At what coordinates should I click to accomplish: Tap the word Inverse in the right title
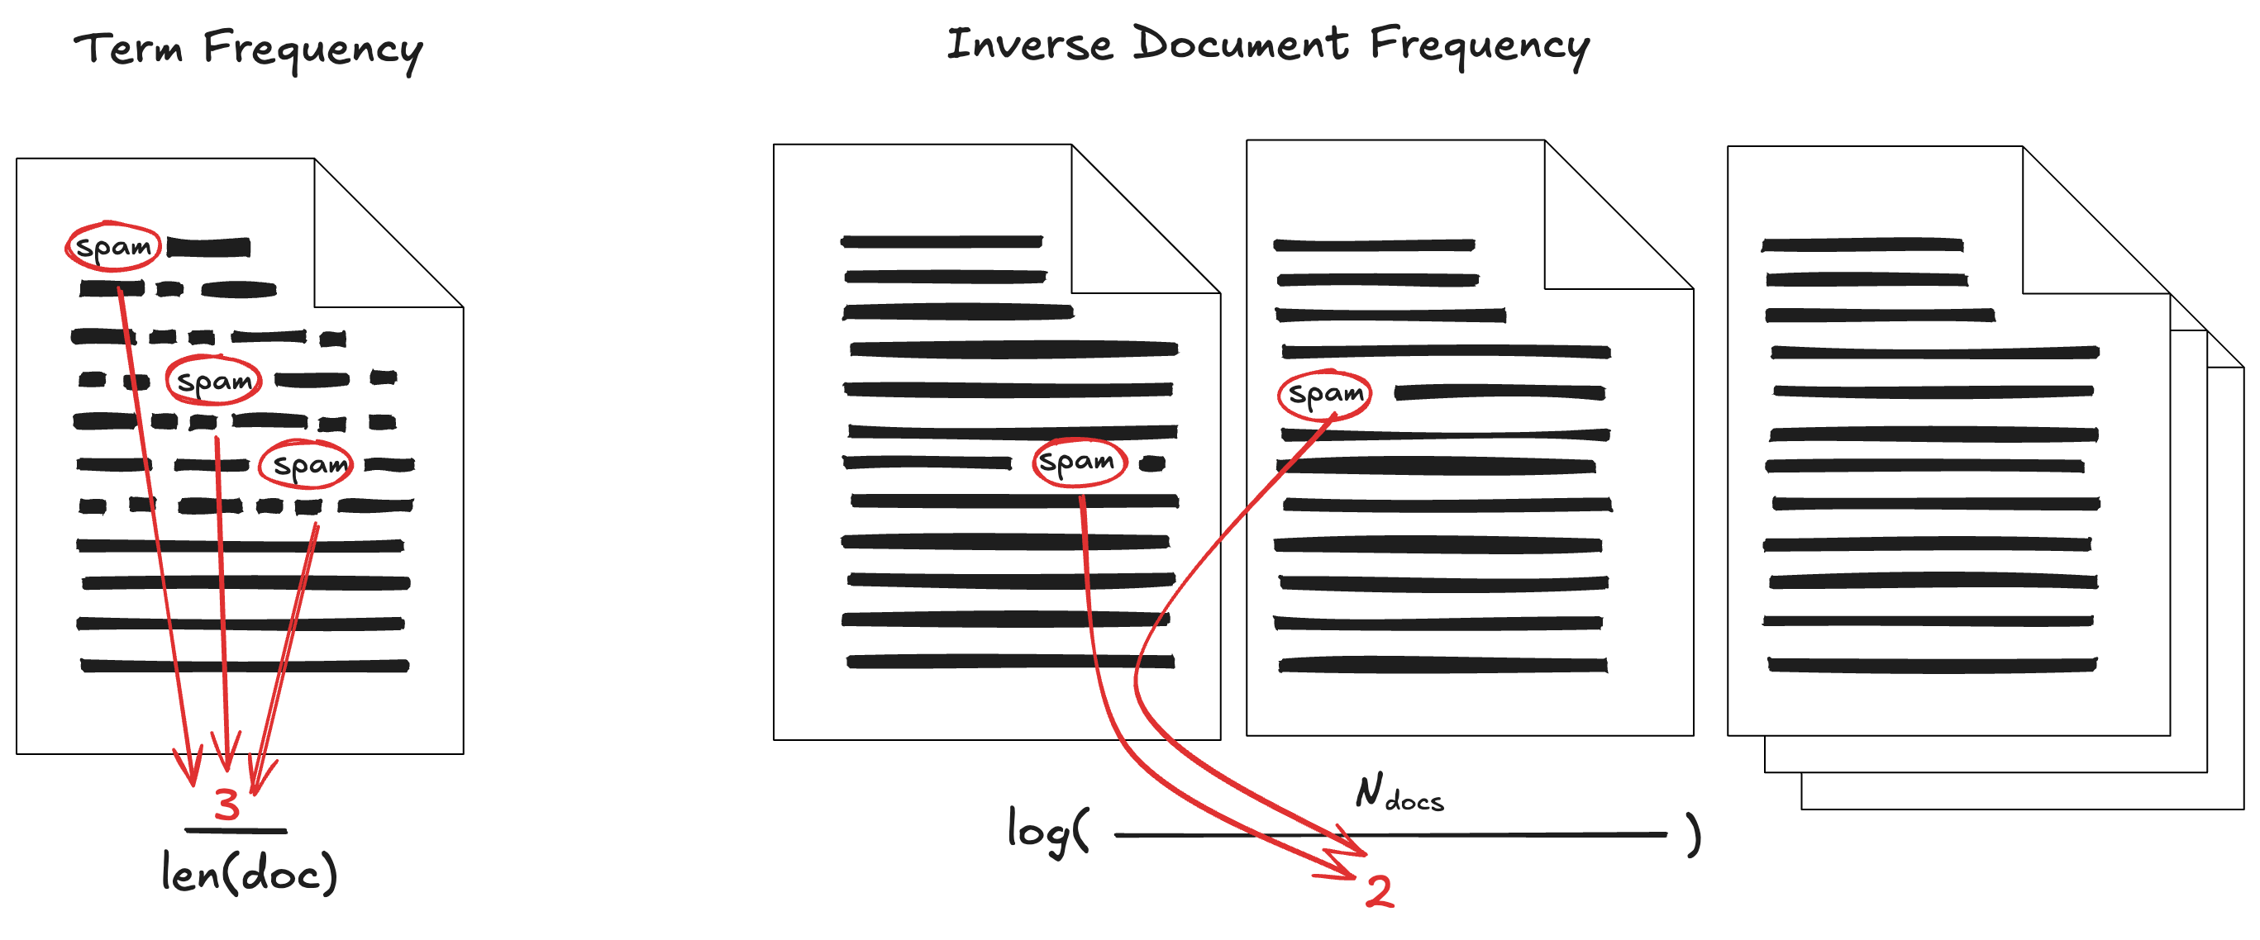click(1029, 44)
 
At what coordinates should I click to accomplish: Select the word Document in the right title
click(1241, 44)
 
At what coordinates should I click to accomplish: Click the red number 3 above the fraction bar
click(226, 804)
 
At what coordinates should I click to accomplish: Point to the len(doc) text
click(249, 873)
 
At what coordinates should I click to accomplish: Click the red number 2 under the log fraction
click(1379, 891)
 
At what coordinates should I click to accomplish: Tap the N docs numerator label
click(1399, 793)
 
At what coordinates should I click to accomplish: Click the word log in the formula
click(1039, 828)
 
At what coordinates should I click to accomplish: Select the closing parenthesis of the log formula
click(1693, 834)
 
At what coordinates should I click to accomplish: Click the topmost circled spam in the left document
click(113, 246)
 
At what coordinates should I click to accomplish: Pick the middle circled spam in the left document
click(214, 381)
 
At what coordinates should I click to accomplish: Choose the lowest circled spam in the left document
click(306, 464)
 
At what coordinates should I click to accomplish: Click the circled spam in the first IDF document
click(1078, 461)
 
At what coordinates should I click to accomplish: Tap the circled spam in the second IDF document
click(1325, 394)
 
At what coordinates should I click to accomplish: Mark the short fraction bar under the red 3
click(235, 829)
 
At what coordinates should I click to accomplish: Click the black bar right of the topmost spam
click(209, 247)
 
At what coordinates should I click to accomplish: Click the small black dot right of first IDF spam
click(1152, 464)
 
